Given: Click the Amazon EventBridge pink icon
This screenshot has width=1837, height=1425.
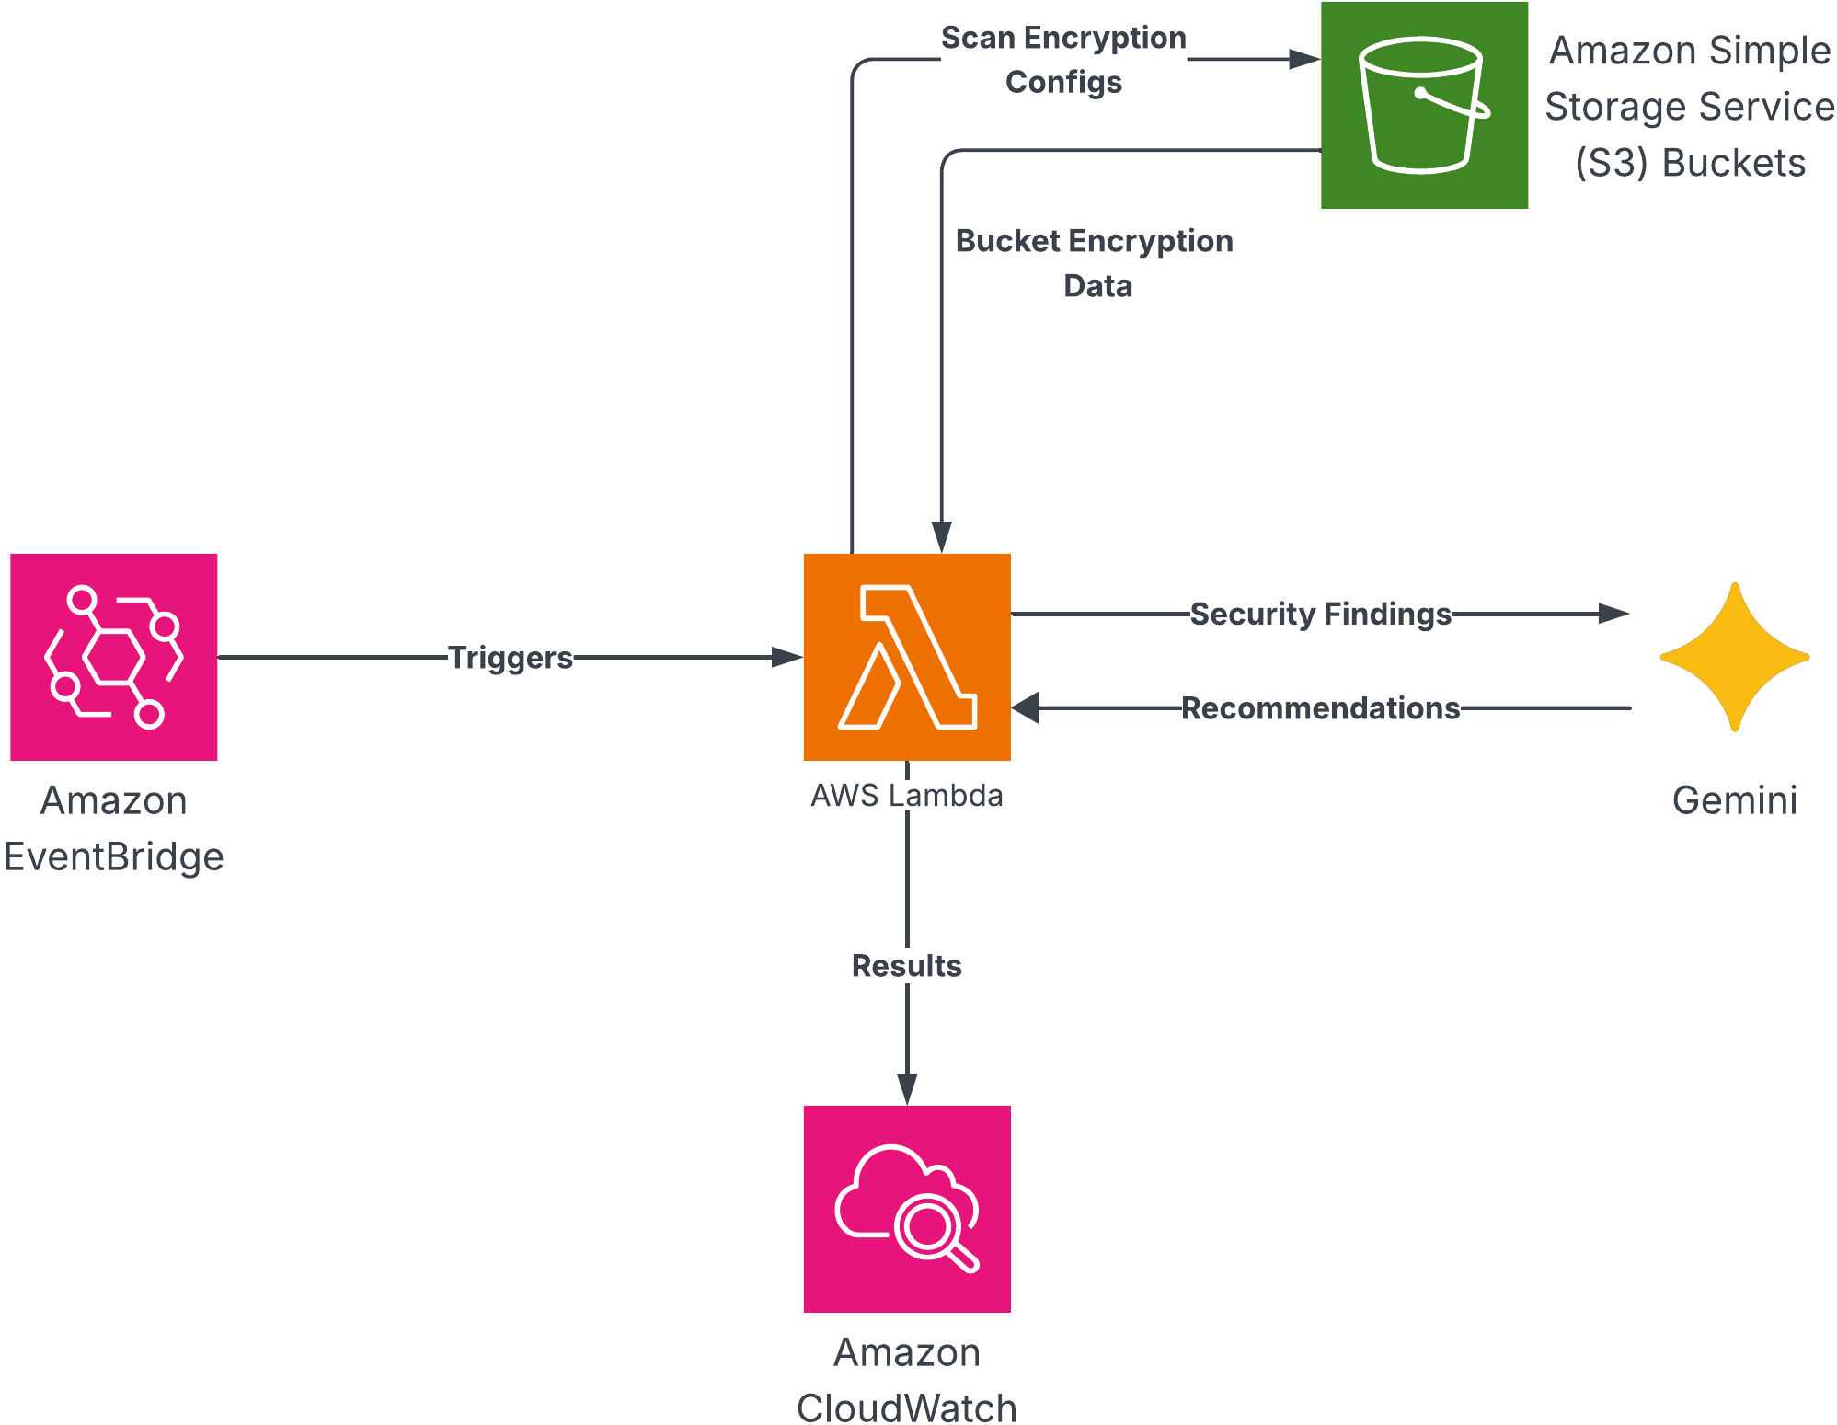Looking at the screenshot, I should click(x=114, y=656).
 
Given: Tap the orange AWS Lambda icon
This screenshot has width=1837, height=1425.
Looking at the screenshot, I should click(x=906, y=656).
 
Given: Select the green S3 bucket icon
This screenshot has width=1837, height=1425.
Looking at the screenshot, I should click(x=1424, y=105).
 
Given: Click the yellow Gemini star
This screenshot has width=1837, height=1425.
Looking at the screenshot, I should click(x=1735, y=657).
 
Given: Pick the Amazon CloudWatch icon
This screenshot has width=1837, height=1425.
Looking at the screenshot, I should click(x=906, y=1208).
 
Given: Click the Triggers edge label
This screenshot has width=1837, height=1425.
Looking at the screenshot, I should click(x=511, y=658).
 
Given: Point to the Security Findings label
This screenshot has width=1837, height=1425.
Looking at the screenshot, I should click(x=1320, y=614).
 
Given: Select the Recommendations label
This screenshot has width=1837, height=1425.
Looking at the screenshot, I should click(x=1320, y=708).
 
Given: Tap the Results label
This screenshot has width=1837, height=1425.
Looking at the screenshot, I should click(x=906, y=966).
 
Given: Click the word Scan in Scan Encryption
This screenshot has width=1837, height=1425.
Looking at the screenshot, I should click(x=978, y=38).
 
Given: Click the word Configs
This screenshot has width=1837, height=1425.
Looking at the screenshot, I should click(x=1063, y=82).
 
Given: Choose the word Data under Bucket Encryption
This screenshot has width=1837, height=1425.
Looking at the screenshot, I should click(x=1097, y=286).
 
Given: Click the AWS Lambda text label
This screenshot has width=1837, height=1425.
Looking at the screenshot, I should click(x=906, y=796).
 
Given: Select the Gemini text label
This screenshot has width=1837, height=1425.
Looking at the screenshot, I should click(x=1735, y=800).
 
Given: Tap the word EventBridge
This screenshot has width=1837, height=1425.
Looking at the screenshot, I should click(x=114, y=857).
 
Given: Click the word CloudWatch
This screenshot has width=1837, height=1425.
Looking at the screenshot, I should click(x=906, y=1408).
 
